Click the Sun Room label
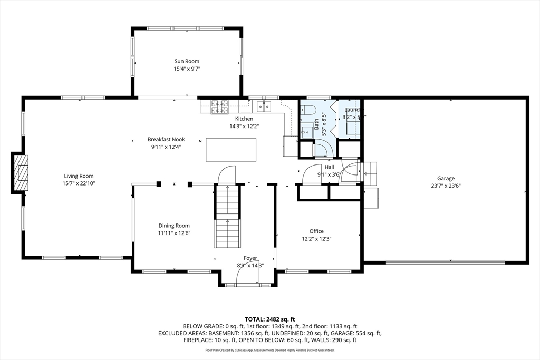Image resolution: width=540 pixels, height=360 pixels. pos(187,61)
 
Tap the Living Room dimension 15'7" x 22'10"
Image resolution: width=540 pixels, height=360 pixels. pos(79,183)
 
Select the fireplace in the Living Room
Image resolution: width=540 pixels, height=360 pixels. pos(20,172)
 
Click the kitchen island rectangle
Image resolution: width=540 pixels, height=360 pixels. pos(231,150)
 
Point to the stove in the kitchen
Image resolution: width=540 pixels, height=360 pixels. pos(219,107)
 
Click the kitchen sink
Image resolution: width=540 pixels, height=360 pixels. pos(263,107)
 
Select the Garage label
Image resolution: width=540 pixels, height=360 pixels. pos(445,178)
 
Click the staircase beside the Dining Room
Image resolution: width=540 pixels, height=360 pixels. pos(227,216)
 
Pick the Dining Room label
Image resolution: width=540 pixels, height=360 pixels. pos(174,226)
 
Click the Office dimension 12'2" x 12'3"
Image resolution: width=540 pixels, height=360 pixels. pos(316,239)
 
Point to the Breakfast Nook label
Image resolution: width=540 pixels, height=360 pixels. pos(166,139)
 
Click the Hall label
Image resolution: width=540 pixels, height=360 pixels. pos(329,167)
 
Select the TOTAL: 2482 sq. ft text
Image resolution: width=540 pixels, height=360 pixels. pos(269,319)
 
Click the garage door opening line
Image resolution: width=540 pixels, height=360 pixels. pos(445,262)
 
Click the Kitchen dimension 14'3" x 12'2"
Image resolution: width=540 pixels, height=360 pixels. pos(244,126)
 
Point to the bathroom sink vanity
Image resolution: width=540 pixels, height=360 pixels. pos(306,130)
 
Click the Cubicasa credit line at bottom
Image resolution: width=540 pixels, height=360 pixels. pos(269,350)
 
